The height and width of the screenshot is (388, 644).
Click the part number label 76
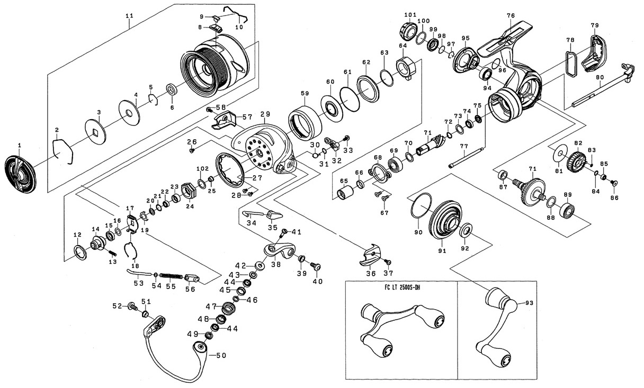coord(510,16)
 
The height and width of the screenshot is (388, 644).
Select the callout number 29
coord(265,114)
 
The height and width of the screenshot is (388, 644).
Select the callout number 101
coord(410,14)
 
